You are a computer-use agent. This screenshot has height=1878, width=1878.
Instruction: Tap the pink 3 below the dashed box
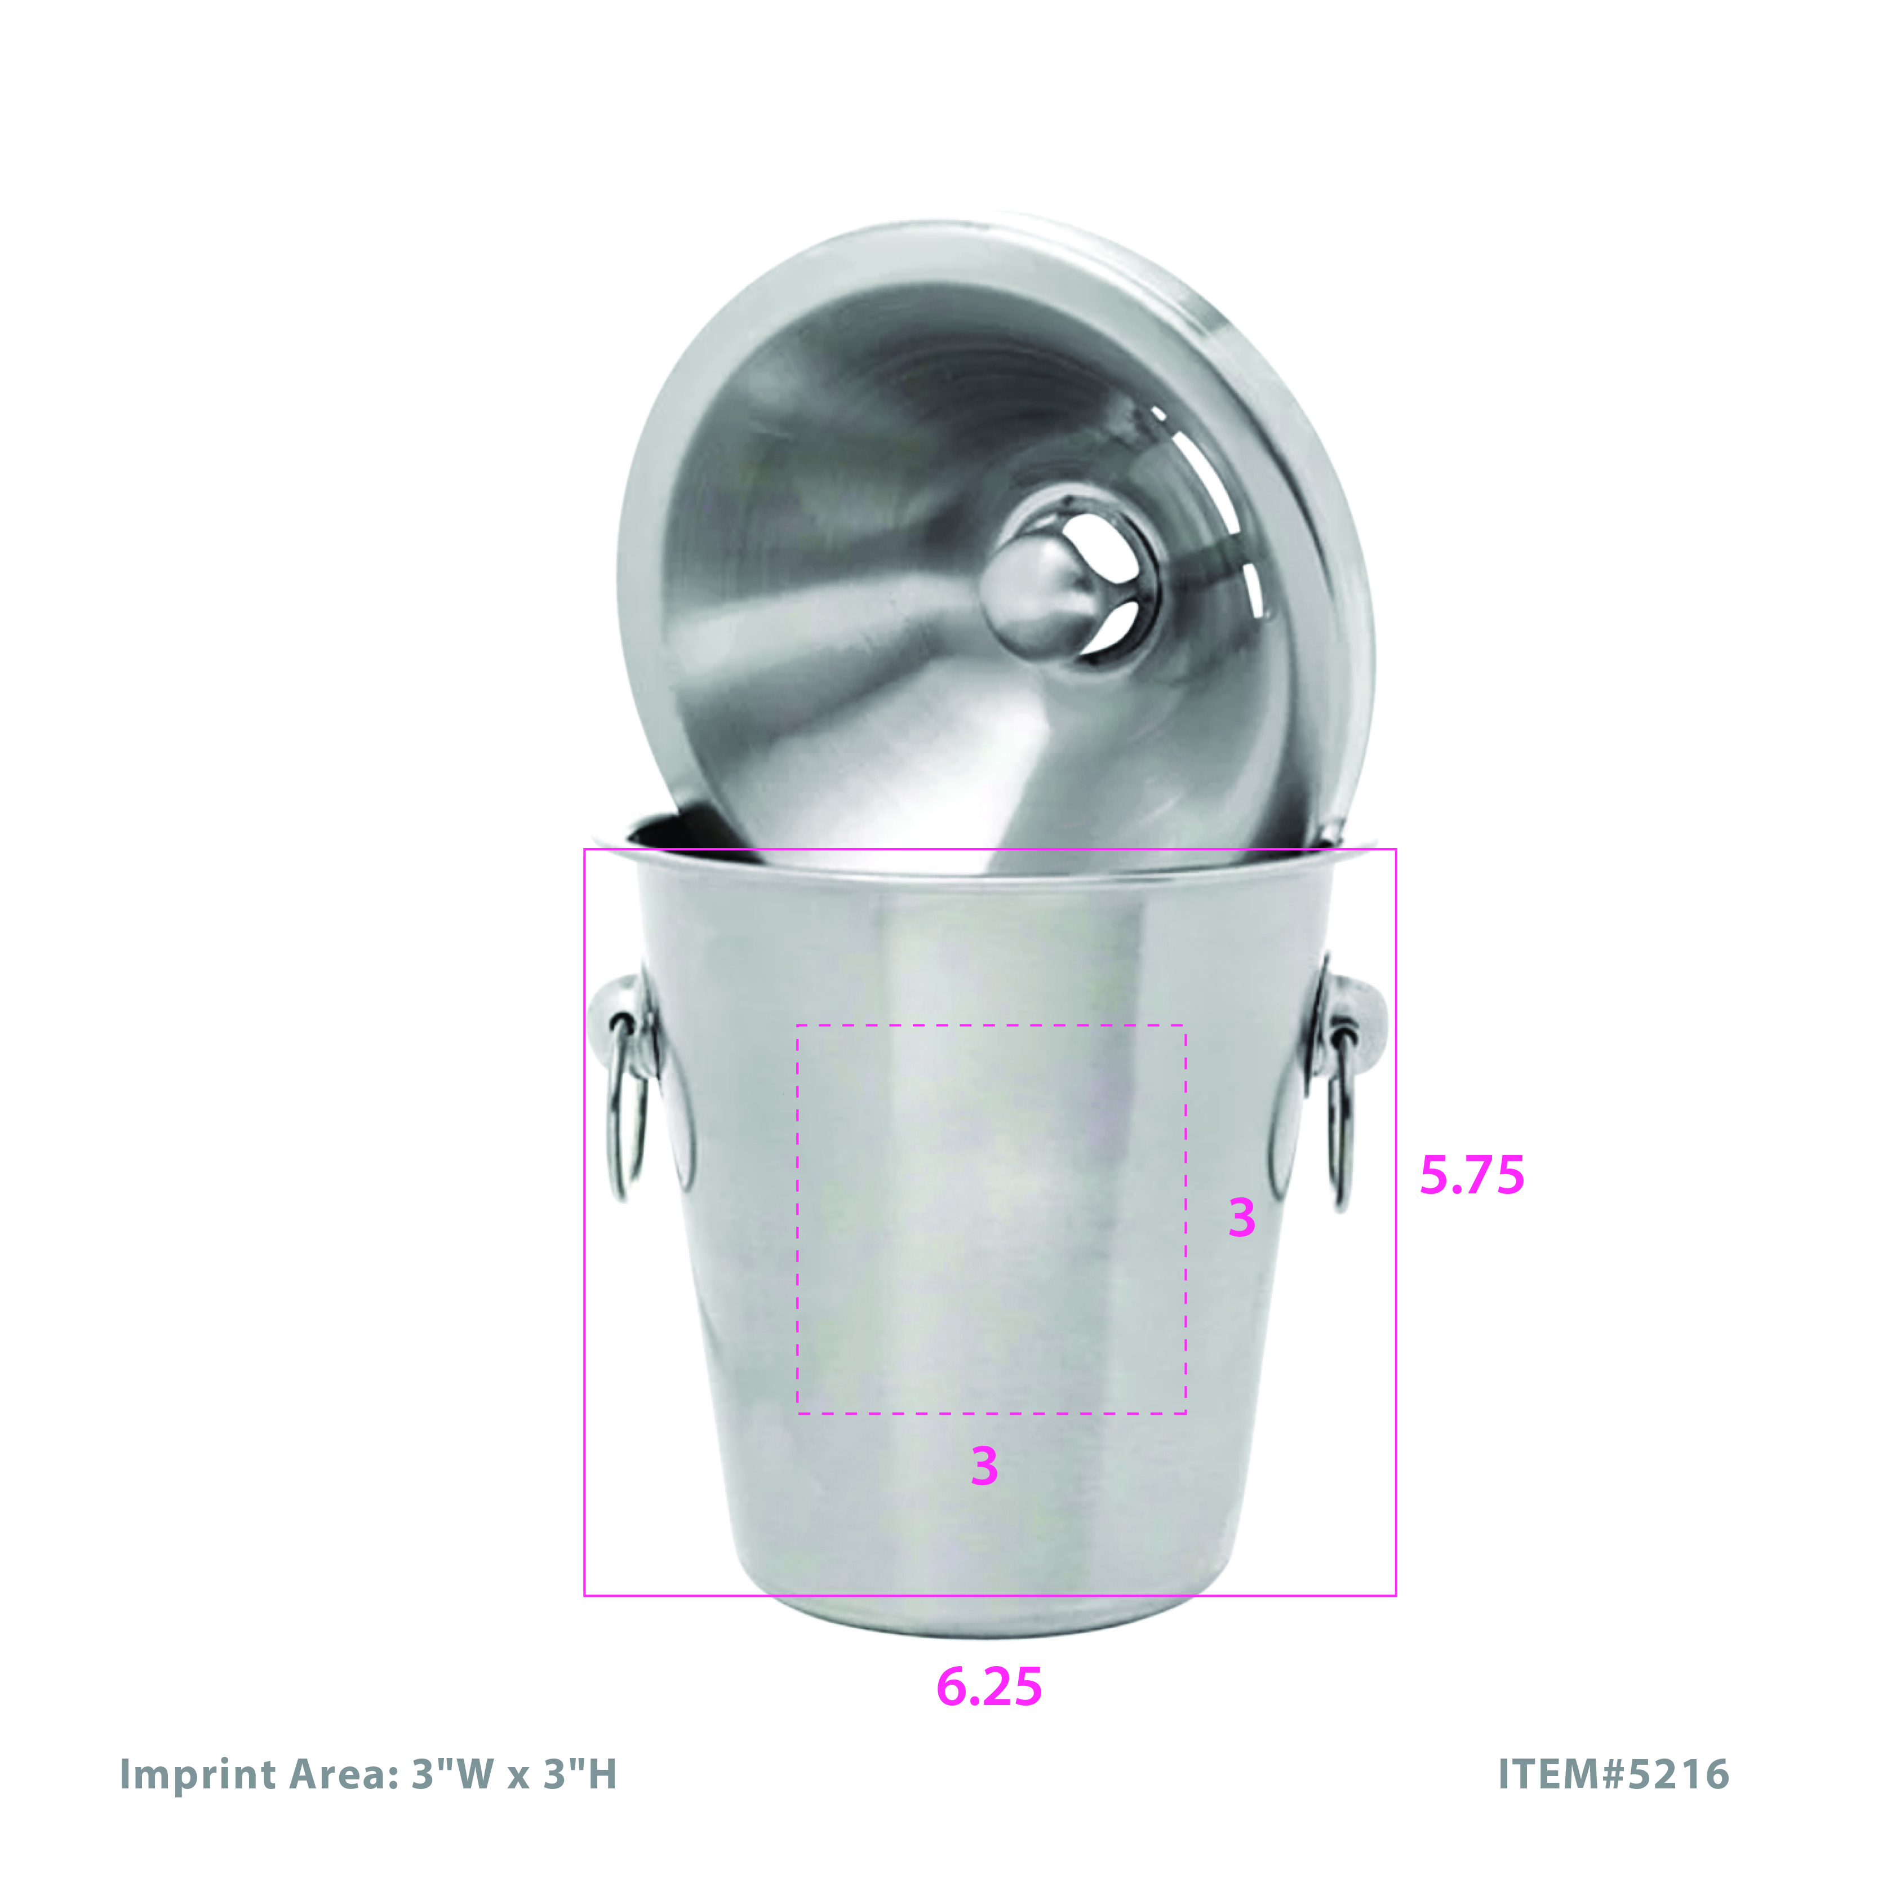pyautogui.click(x=984, y=1466)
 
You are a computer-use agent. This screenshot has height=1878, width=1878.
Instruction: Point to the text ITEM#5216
pyautogui.click(x=1614, y=1774)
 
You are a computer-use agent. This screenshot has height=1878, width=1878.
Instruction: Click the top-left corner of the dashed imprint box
pyautogui.click(x=797, y=1025)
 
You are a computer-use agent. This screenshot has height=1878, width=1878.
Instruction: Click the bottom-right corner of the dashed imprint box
pyautogui.click(x=1186, y=1413)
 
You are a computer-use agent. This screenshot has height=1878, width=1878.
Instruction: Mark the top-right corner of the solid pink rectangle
pyautogui.click(x=1396, y=850)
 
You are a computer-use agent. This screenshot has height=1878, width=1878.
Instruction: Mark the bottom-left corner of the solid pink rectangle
pyautogui.click(x=584, y=1595)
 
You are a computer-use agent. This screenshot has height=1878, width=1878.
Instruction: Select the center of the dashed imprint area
pyautogui.click(x=992, y=1219)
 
